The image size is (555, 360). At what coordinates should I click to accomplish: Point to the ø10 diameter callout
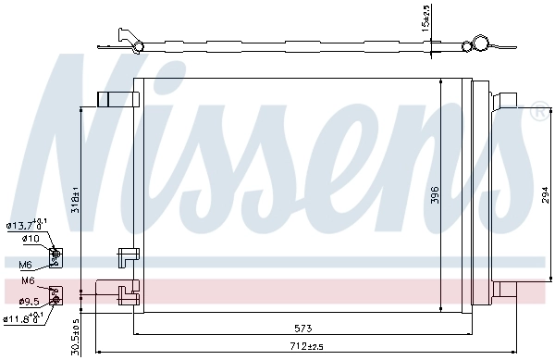click(31, 238)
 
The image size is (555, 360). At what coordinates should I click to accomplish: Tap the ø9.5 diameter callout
click(29, 301)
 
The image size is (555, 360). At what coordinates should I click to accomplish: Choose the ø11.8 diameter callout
click(22, 319)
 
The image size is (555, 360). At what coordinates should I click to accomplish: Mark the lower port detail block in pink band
click(55, 294)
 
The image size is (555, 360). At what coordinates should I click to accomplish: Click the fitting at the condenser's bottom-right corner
click(504, 290)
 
